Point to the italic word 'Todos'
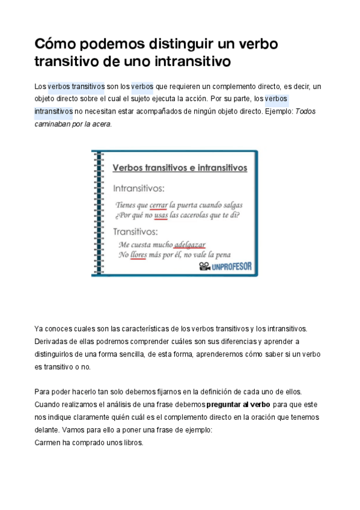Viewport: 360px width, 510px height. (306, 111)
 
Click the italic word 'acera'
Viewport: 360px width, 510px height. (103, 124)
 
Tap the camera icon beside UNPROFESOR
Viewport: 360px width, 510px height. (204, 267)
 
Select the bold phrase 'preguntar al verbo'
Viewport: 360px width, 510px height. (239, 404)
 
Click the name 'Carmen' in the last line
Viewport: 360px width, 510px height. (47, 443)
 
